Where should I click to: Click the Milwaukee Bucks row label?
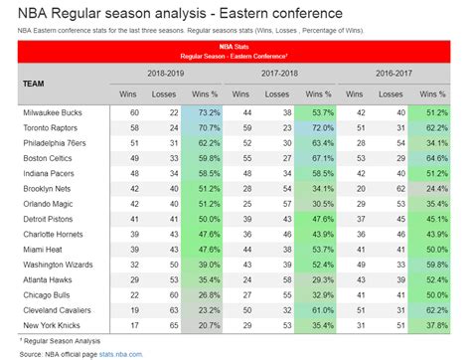52,114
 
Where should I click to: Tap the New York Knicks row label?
50,323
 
